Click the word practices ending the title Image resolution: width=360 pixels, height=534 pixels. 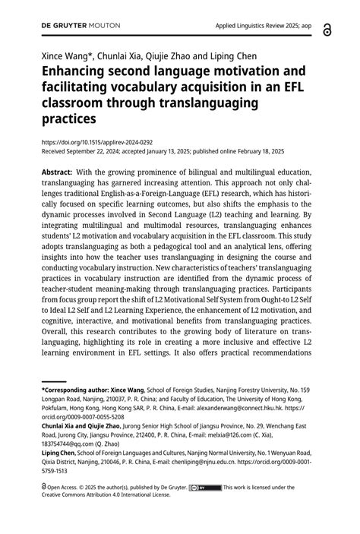coord(68,119)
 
